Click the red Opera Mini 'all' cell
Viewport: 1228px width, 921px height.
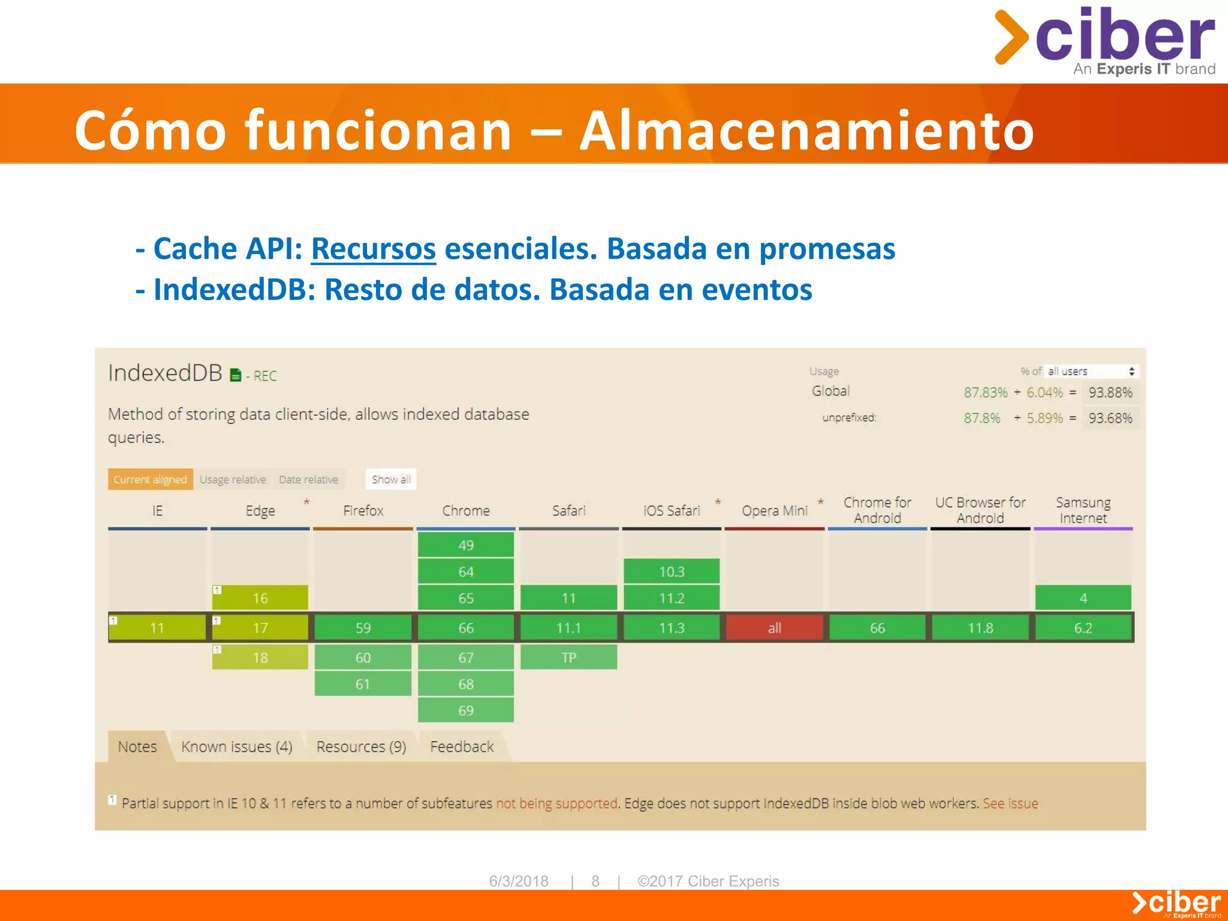[x=774, y=628]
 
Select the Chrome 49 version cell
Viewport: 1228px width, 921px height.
[x=466, y=545]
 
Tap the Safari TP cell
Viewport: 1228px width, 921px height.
[x=568, y=658]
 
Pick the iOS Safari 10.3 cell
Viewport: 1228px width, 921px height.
[x=672, y=571]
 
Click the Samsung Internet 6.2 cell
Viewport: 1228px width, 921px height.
[x=1083, y=628]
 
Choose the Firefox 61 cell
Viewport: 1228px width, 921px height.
[x=363, y=684]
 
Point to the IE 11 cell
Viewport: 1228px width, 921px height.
[x=157, y=628]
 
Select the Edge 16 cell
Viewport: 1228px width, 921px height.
[x=260, y=598]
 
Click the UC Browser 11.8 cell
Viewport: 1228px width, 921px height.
[x=980, y=628]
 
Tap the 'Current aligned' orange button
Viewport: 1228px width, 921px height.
[x=151, y=480]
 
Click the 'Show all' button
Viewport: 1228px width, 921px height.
[x=391, y=480]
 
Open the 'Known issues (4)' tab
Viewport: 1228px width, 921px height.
[x=237, y=747]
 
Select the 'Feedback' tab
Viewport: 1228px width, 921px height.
[x=462, y=747]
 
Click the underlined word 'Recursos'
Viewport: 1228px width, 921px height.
[x=373, y=249]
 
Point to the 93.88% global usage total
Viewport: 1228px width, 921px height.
[x=1110, y=393]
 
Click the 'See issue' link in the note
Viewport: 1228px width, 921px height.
[x=1010, y=803]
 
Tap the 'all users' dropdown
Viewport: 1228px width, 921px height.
[x=1091, y=371]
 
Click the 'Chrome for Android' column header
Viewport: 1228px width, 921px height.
[x=877, y=510]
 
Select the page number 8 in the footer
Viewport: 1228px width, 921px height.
[x=595, y=881]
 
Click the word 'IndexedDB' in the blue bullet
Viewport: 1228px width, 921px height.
[x=234, y=290]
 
